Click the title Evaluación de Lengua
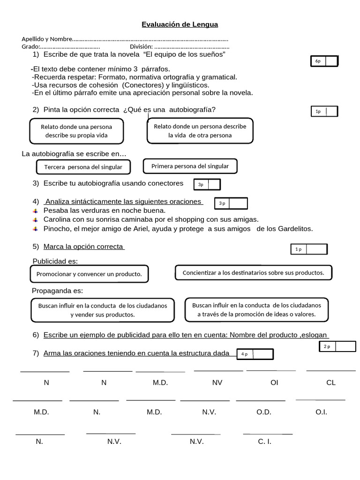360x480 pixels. (x=180, y=24)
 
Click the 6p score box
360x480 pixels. (x=324, y=61)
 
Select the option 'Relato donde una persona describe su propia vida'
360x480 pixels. (x=76, y=131)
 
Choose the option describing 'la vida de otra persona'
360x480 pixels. (x=200, y=130)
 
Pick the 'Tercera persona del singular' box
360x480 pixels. (x=83, y=167)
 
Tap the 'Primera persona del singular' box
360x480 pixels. (x=190, y=166)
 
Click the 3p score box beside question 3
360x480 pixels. (x=207, y=185)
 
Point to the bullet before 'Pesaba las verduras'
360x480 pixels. (x=35, y=211)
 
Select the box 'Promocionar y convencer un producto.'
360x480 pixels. (x=89, y=274)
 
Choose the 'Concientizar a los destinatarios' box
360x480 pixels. (x=253, y=272)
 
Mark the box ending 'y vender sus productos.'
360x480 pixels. (x=103, y=310)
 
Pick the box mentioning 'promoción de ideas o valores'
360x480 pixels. (x=256, y=309)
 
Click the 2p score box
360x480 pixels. (x=337, y=346)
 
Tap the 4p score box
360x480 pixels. (x=255, y=354)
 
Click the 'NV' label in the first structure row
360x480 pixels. (x=217, y=382)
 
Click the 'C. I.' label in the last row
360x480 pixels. (x=264, y=442)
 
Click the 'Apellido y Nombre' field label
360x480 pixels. (x=47, y=39)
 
